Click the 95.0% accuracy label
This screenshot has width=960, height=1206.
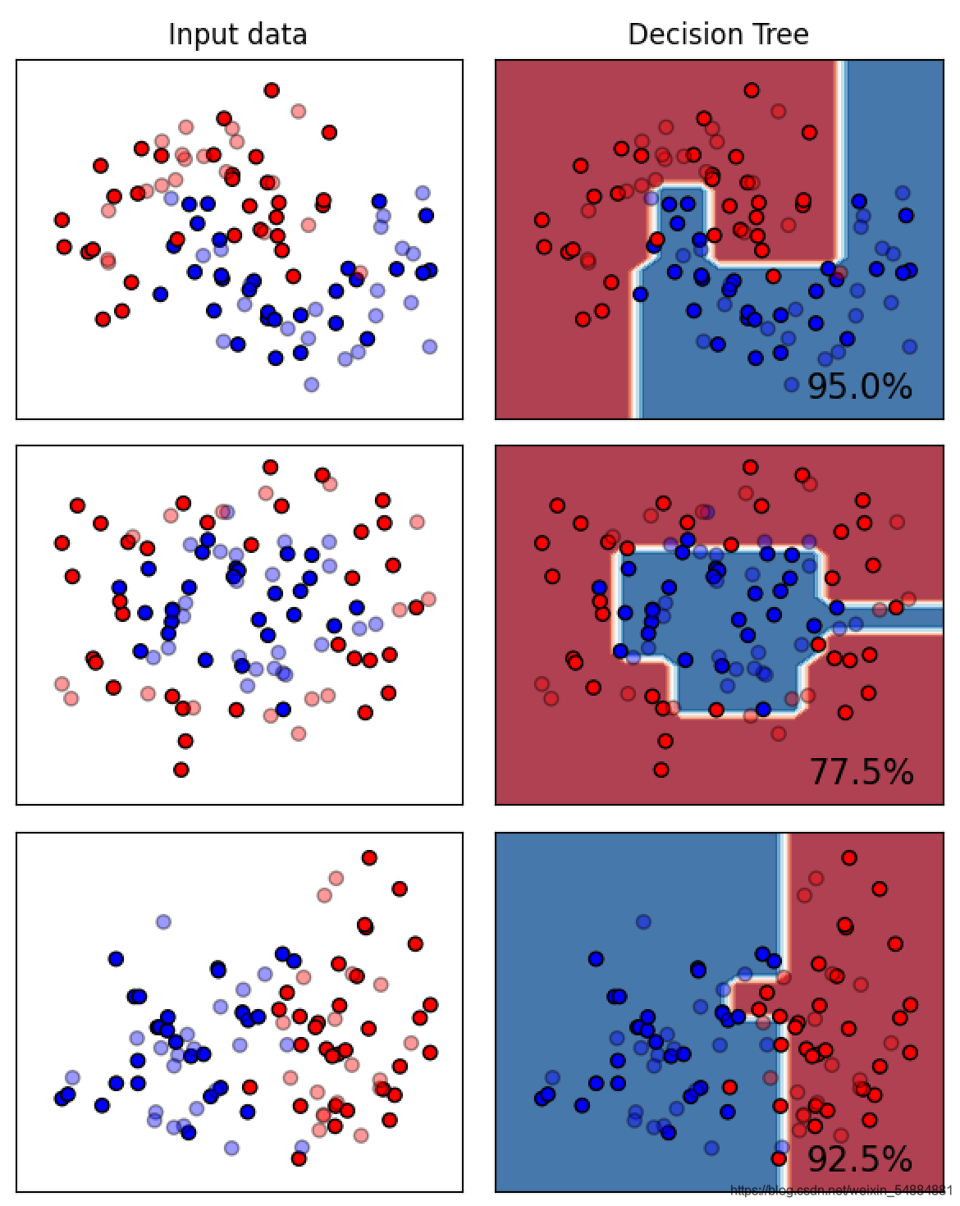[x=859, y=386]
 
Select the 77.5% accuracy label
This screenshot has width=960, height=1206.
[x=861, y=772]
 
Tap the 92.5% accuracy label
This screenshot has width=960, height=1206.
[x=859, y=1159]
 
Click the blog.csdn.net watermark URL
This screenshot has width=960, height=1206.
[x=841, y=1190]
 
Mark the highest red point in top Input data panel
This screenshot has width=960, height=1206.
[x=272, y=90]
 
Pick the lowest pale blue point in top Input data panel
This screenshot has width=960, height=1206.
[x=312, y=384]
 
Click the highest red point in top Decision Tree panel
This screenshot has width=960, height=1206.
[x=752, y=90]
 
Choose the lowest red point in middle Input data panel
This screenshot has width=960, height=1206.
[x=181, y=770]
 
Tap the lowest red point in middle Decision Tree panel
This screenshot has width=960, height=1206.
[x=661, y=770]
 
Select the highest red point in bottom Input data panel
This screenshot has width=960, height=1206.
[x=369, y=857]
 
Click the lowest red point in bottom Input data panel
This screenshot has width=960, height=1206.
[x=299, y=1158]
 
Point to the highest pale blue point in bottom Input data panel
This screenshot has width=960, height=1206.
[x=163, y=921]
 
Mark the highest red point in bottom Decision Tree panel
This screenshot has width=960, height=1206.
[x=849, y=857]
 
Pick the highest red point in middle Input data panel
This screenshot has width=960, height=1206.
[x=270, y=467]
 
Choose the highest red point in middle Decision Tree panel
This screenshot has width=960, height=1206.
[x=750, y=467]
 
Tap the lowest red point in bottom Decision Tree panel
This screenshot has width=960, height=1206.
[x=779, y=1158]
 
